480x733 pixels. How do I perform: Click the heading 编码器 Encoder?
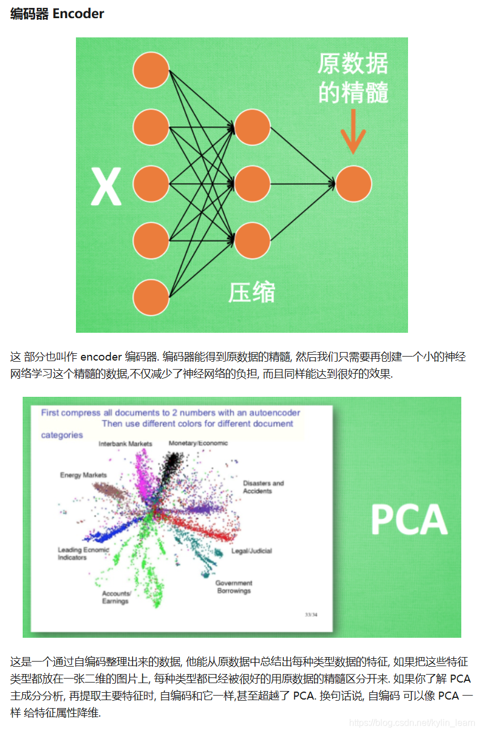point(57,14)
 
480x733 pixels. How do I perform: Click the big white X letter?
point(106,186)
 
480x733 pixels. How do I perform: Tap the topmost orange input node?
point(151,70)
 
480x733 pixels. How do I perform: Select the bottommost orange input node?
point(151,297)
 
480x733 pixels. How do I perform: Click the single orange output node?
point(353,184)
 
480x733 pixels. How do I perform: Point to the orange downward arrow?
point(353,132)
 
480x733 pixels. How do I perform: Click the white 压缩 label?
point(252,293)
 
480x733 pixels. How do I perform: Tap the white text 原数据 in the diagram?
point(352,64)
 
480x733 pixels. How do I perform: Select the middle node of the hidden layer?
point(252,184)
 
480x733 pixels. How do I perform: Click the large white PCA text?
point(409,520)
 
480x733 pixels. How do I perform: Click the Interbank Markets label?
point(125,444)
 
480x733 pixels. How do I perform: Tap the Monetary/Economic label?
point(198,443)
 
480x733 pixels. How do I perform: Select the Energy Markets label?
point(83,475)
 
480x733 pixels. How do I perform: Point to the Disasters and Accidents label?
point(264,488)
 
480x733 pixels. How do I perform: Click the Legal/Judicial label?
point(252,551)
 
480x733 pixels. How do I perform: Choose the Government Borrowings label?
point(233,587)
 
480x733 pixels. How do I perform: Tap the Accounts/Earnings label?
point(116,598)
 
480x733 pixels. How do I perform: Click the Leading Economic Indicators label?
point(83,554)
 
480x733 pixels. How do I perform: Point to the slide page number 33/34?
point(311,615)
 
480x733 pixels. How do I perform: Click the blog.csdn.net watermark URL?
point(412,723)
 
